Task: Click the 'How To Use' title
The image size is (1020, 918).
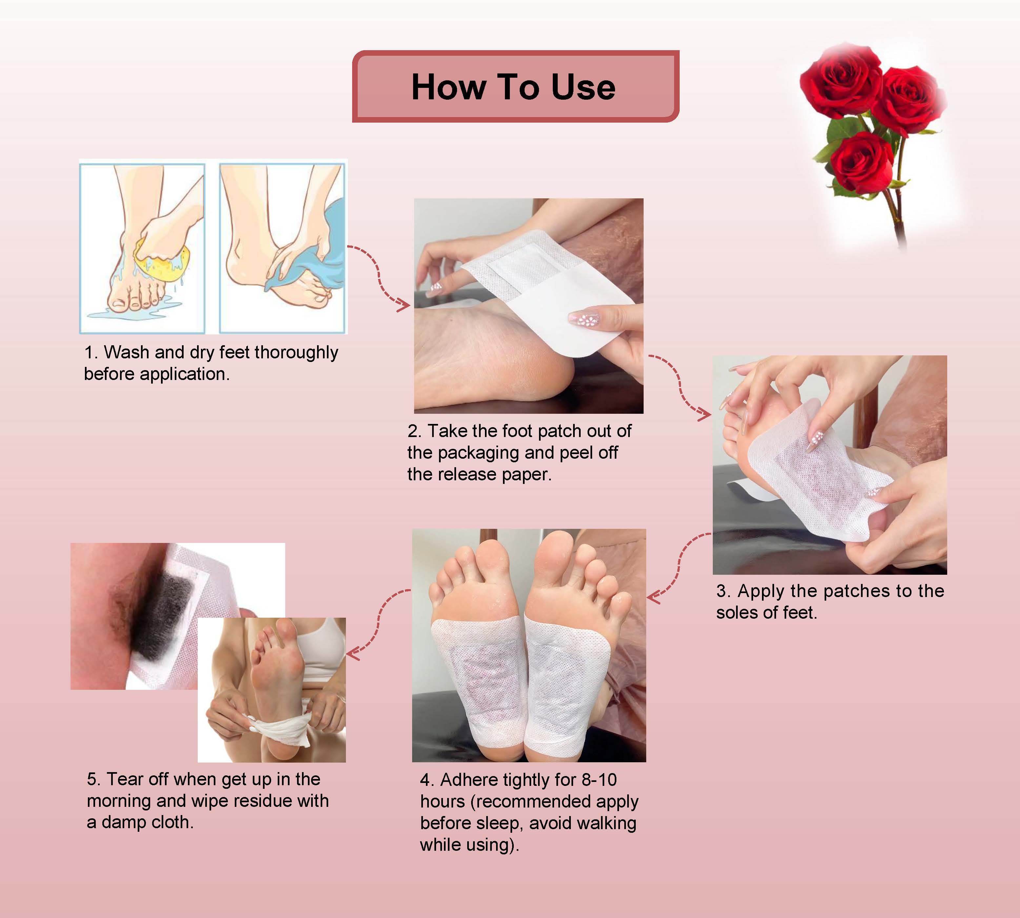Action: click(x=513, y=87)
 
